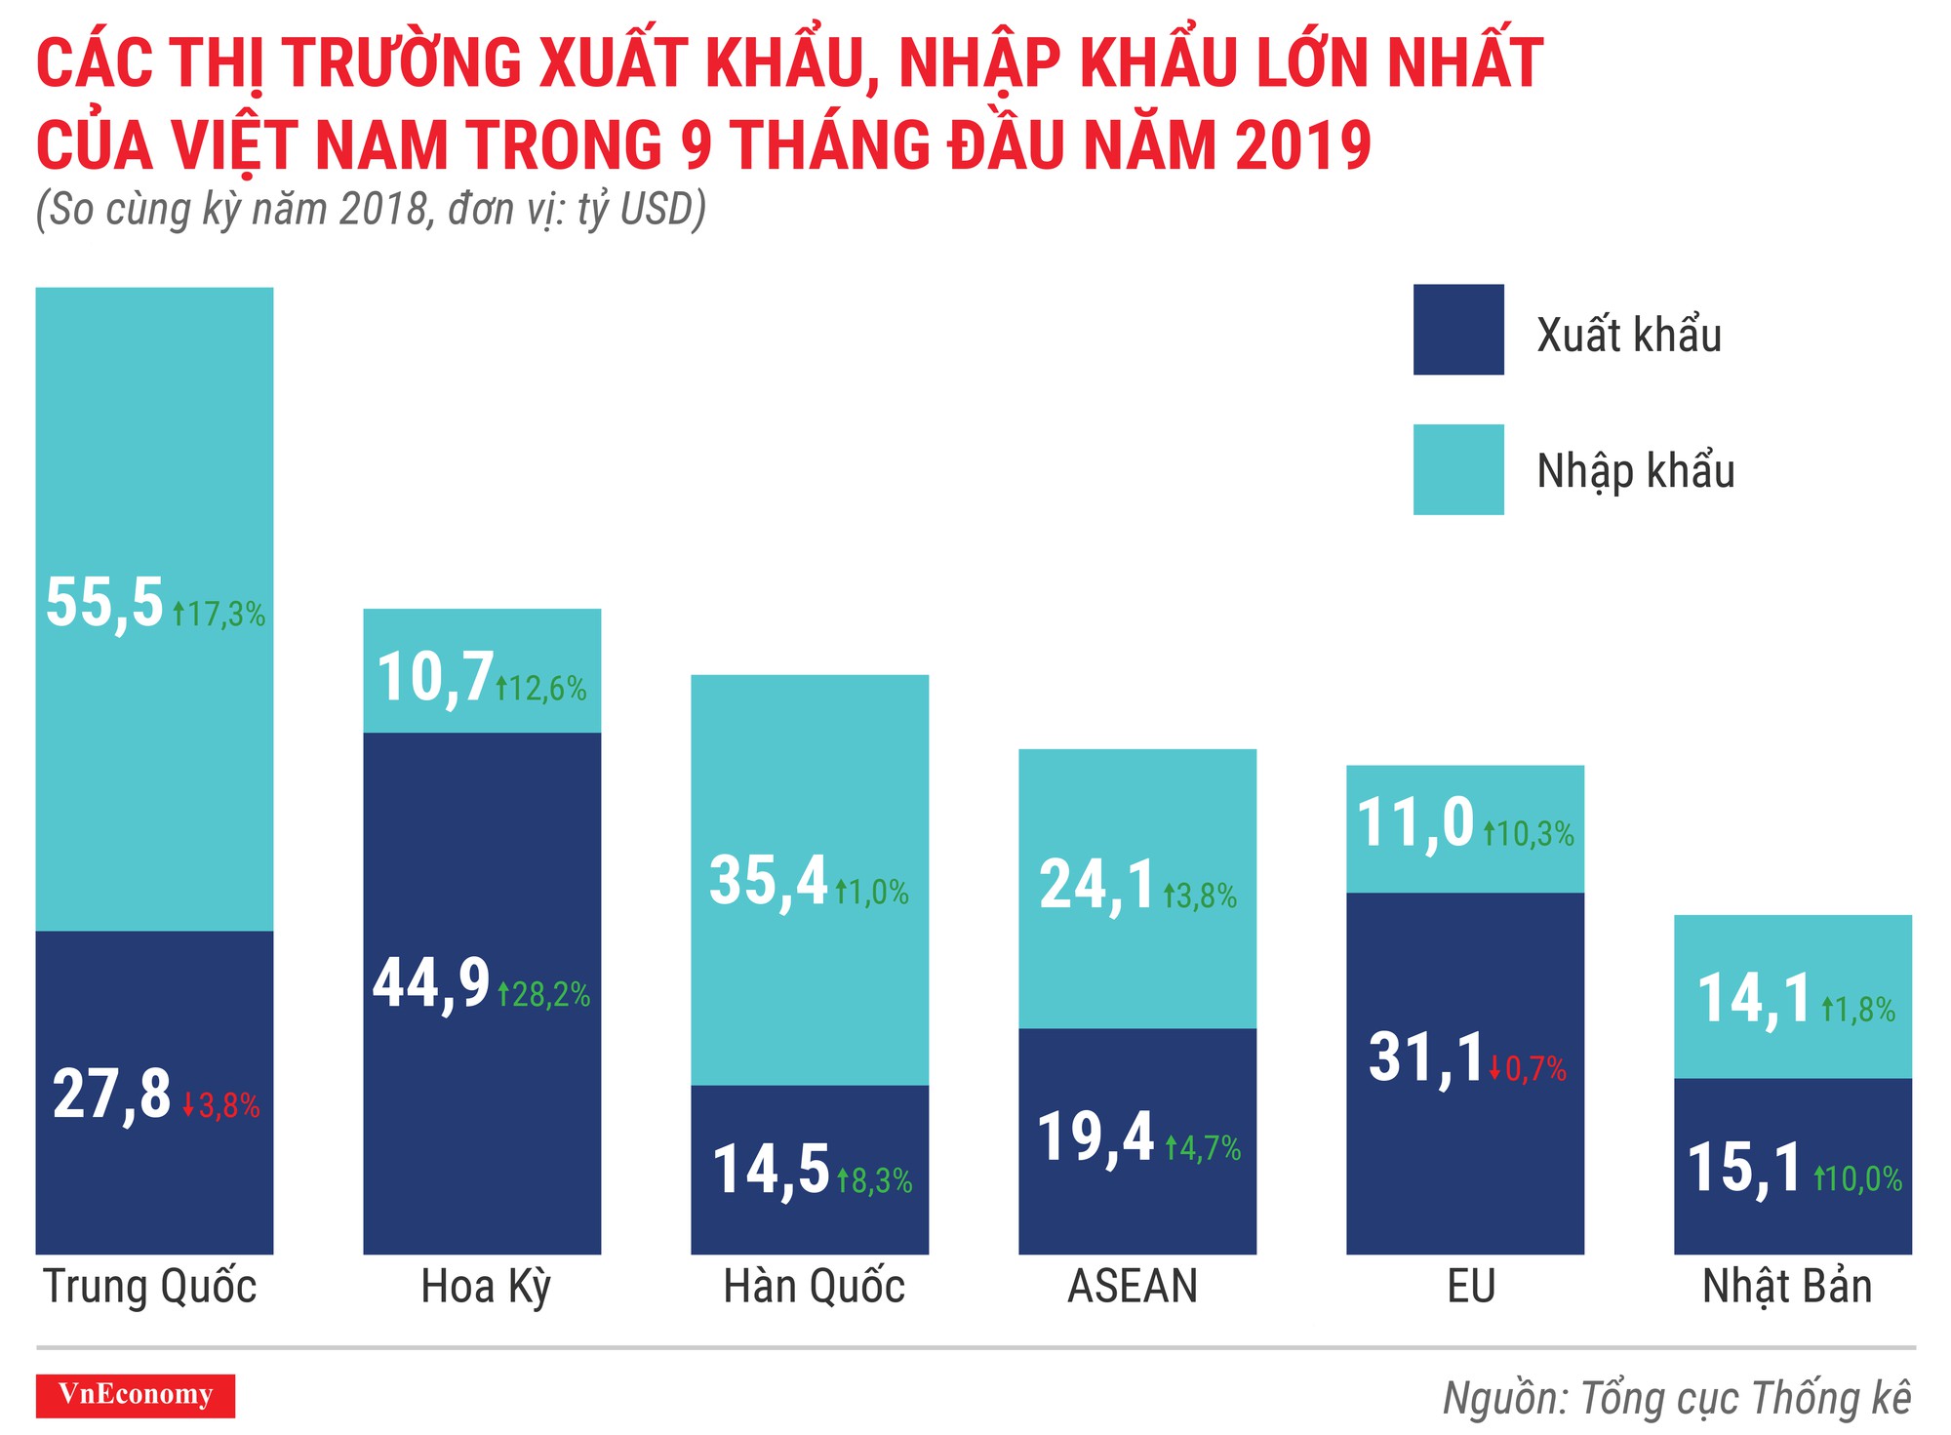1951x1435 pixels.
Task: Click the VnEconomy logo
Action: [136, 1395]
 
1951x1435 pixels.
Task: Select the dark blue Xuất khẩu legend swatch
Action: [1457, 330]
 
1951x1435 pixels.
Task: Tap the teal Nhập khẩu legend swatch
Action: [1457, 469]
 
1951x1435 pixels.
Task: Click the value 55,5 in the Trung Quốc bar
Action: [104, 602]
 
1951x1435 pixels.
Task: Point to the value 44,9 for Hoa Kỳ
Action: [431, 982]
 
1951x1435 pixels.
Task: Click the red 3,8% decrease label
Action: [221, 1105]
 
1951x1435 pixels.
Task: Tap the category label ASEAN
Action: [1133, 1287]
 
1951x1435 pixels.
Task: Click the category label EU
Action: [1471, 1287]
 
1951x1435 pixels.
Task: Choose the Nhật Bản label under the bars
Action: [1787, 1287]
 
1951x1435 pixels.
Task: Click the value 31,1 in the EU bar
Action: [1425, 1057]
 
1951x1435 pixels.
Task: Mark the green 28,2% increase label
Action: [544, 994]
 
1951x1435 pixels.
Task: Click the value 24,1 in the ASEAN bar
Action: [1096, 886]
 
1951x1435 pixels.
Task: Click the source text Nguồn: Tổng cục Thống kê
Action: [1676, 1397]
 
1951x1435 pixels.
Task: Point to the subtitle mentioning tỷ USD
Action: [371, 209]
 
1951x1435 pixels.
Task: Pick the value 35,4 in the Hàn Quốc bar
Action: [769, 881]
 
